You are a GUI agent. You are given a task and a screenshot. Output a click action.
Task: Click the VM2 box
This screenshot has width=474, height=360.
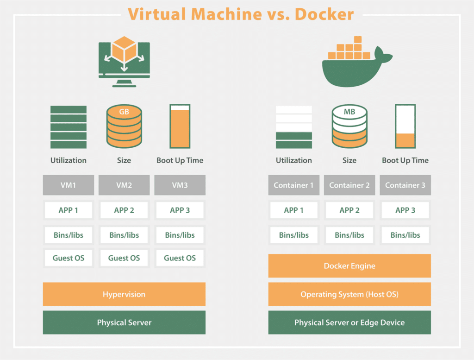[x=124, y=185]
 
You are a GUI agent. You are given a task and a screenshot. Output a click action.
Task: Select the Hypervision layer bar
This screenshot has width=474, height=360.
[x=124, y=294]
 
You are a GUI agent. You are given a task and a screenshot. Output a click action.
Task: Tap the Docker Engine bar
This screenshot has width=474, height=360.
[x=349, y=266]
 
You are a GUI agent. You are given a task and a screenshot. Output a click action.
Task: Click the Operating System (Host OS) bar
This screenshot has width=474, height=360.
[x=349, y=294]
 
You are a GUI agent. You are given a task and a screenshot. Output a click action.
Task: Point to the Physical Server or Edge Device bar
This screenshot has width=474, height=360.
[x=349, y=322]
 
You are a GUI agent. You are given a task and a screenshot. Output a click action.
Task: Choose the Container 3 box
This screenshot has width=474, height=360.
[x=405, y=185]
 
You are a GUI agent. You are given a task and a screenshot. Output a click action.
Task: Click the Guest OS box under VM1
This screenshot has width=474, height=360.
[x=69, y=258]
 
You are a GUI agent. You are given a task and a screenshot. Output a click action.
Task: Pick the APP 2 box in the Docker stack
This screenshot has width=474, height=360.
[x=349, y=210]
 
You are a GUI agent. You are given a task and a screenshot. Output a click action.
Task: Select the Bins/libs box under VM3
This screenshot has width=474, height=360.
[x=180, y=235]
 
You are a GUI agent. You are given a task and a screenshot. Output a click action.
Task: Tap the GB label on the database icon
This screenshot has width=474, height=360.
[x=124, y=112]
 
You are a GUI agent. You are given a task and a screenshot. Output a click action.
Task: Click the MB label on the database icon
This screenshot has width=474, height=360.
[x=349, y=112]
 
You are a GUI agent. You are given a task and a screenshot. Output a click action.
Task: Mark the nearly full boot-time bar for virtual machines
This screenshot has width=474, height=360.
[x=180, y=126]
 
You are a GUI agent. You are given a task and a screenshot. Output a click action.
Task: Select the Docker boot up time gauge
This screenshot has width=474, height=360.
[x=405, y=126]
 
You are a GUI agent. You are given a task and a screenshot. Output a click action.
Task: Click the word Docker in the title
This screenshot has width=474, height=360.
[x=324, y=14]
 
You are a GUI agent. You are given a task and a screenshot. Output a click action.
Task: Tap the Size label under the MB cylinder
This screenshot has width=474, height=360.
[x=349, y=160]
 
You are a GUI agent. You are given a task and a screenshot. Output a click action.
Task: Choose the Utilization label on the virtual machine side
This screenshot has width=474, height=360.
[x=69, y=160]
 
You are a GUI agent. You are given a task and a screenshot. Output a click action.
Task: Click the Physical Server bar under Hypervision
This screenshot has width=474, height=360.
[x=124, y=322]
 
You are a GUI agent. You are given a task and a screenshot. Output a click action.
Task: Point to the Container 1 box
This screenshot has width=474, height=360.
[x=293, y=185]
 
